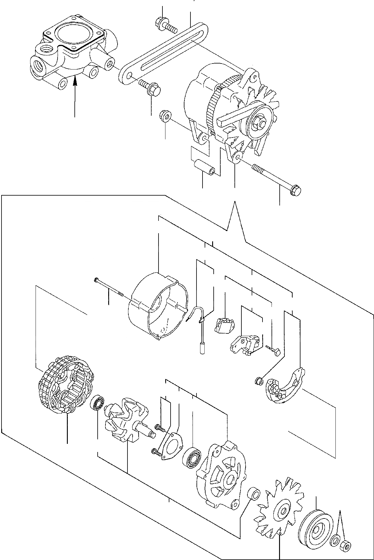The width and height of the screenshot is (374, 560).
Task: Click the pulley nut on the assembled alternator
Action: (x=260, y=122)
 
